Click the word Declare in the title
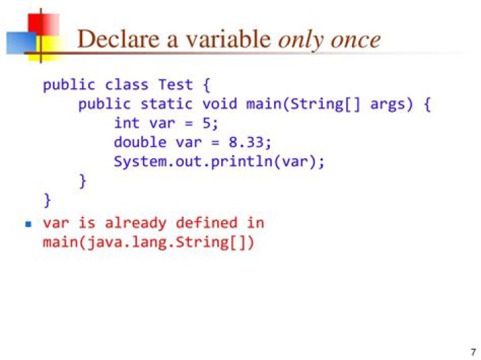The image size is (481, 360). tap(118, 39)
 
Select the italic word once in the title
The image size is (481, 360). tap(355, 40)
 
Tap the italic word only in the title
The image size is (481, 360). tap(301, 41)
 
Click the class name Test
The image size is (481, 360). tap(176, 84)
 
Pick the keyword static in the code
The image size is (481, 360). tap(166, 104)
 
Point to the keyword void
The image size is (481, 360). tap(220, 104)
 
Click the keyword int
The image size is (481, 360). tap(127, 123)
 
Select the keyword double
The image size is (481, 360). tap(140, 142)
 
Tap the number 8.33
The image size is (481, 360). tap(246, 142)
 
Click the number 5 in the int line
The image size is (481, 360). tap(206, 124)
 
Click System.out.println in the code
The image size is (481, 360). tap(193, 162)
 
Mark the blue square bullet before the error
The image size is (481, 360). tap(29, 224)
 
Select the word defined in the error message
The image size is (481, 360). tap(206, 222)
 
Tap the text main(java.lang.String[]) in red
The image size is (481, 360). tap(148, 242)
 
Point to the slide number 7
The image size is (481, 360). tap(474, 352)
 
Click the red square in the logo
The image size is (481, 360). tap(43, 24)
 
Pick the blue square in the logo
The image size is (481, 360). tap(21, 43)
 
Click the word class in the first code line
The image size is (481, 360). tap(126, 84)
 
